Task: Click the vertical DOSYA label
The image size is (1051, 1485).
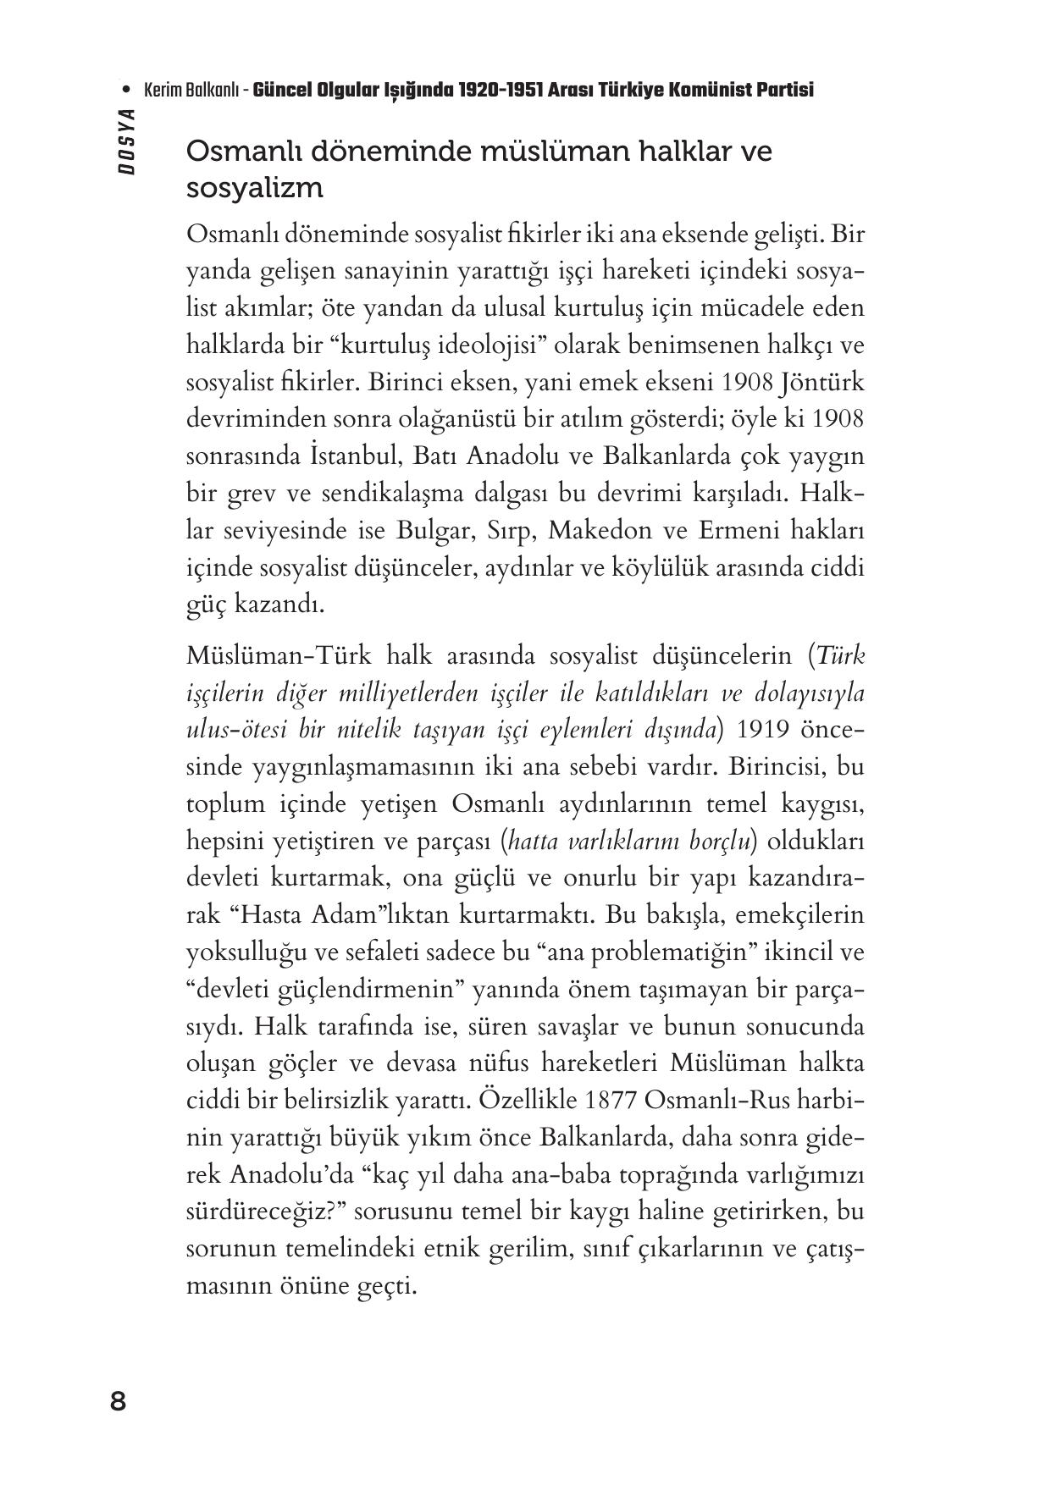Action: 127,141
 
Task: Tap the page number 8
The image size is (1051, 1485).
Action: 119,1402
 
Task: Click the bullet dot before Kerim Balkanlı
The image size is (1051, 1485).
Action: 127,90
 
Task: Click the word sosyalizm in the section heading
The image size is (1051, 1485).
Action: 255,188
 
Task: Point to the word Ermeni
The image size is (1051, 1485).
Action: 728,532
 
